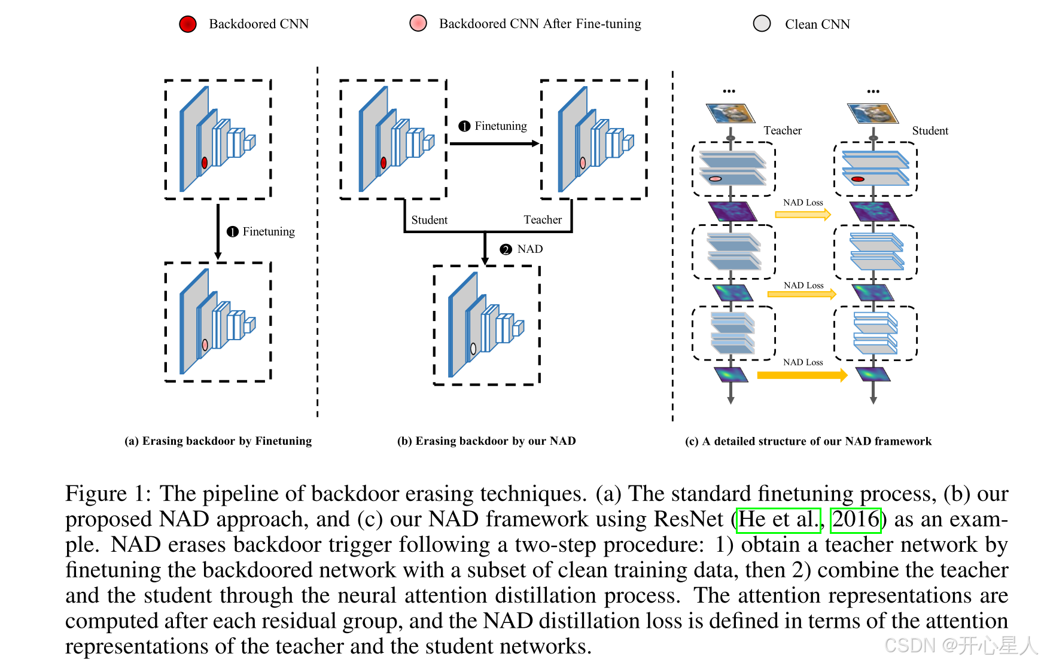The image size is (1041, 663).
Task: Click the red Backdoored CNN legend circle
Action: click(x=188, y=24)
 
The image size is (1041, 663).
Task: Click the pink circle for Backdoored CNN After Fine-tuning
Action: click(x=418, y=23)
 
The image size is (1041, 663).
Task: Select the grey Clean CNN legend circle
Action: click(x=762, y=23)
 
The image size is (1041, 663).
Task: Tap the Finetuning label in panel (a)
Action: click(x=269, y=231)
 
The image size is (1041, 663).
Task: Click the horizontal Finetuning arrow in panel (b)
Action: click(x=494, y=143)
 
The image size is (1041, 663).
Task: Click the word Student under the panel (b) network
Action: click(x=429, y=219)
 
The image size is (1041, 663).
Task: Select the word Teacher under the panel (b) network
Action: click(x=543, y=219)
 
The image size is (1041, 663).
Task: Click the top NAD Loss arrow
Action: click(x=803, y=214)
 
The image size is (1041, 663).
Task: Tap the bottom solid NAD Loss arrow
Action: click(x=802, y=375)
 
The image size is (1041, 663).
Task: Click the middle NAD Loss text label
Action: click(x=803, y=285)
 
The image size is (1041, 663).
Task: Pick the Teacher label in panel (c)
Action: click(x=782, y=130)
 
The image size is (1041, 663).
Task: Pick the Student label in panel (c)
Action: click(x=930, y=130)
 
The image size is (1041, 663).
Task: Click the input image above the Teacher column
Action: click(x=730, y=113)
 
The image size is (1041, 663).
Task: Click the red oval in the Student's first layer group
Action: click(x=857, y=179)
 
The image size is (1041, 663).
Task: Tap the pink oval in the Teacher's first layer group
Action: click(x=715, y=179)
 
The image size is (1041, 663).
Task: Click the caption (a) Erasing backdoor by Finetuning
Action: click(x=218, y=441)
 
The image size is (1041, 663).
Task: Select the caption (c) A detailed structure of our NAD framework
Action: click(x=808, y=441)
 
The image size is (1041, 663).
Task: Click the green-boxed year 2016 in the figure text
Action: click(x=856, y=519)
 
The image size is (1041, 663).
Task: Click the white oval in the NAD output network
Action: click(x=473, y=349)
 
